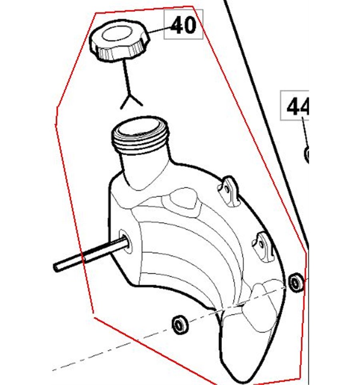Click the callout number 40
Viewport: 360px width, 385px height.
tap(183, 25)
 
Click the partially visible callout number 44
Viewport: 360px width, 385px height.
tap(298, 106)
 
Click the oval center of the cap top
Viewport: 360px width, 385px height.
tap(117, 34)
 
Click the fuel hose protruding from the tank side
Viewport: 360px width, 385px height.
tap(91, 253)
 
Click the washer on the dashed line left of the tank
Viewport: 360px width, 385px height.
tap(180, 324)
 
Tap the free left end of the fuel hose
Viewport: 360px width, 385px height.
tap(56, 268)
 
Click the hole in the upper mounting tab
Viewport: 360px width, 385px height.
tap(227, 190)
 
